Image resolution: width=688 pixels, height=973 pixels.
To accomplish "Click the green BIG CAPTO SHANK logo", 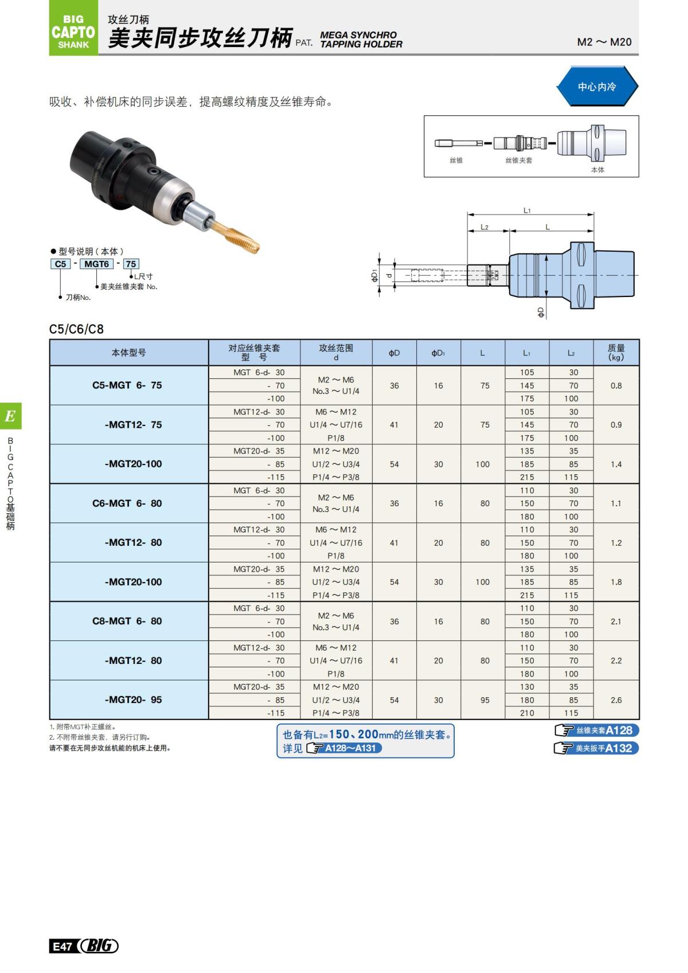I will (73, 32).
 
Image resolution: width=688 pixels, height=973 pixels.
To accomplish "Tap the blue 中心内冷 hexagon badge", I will (597, 87).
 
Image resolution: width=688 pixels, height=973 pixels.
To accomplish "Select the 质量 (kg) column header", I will (616, 352).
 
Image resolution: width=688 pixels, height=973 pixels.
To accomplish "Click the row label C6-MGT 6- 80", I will (127, 503).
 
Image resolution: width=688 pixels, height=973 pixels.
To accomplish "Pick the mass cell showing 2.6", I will (616, 700).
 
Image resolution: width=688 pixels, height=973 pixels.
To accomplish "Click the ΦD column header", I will (394, 353).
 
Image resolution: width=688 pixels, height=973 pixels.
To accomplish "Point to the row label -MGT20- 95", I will (133, 700).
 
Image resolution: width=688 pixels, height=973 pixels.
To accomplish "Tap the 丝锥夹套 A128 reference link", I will (597, 730).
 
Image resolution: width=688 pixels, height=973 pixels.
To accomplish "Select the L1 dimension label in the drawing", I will (527, 210).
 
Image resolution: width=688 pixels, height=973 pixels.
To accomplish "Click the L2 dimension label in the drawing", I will (484, 227).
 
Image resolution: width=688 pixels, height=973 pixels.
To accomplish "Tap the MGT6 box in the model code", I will (96, 264).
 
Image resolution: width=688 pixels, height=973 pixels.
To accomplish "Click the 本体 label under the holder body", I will (597, 170).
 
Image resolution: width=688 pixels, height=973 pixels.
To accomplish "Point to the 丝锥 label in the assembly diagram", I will (456, 161).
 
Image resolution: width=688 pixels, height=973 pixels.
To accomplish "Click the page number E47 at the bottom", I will (61, 946).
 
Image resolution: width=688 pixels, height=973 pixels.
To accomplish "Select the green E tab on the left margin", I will (10, 416).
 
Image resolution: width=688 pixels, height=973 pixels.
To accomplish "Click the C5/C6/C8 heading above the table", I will (76, 329).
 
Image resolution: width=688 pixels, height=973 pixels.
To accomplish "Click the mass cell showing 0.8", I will (616, 386).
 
